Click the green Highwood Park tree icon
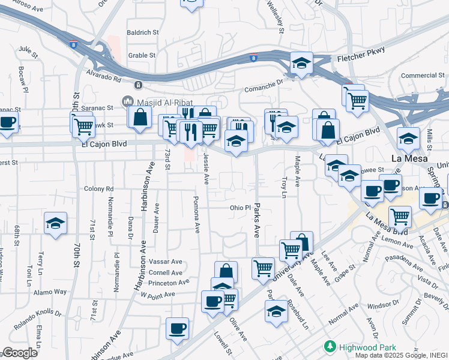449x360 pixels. click(x=329, y=347)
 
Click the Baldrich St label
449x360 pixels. click(x=142, y=32)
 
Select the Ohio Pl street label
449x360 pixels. click(x=240, y=208)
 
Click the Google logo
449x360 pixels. click(x=20, y=352)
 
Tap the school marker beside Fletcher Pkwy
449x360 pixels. click(x=301, y=62)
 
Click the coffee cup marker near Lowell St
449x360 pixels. click(x=177, y=329)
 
